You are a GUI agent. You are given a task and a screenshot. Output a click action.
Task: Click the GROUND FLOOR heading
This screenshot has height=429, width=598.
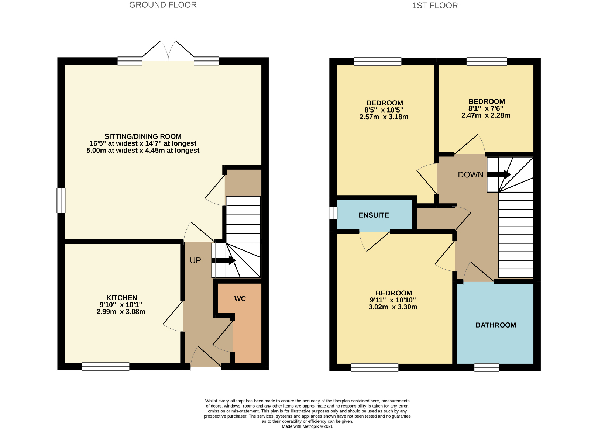[163, 5]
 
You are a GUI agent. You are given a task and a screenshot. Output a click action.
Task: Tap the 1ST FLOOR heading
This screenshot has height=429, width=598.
[435, 6]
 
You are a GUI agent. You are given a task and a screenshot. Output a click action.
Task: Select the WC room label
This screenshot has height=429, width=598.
[240, 299]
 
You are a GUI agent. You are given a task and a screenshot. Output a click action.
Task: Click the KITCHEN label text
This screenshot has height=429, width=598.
[122, 298]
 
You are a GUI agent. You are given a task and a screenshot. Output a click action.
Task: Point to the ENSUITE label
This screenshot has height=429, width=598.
[374, 215]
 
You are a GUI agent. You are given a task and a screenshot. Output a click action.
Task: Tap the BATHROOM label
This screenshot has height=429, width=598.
[496, 325]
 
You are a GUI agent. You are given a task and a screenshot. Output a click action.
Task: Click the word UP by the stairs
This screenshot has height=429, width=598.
[195, 260]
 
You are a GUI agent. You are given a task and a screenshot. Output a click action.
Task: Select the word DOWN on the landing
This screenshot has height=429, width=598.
[471, 175]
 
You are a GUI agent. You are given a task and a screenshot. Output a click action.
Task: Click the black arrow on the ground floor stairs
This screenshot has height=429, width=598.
[224, 260]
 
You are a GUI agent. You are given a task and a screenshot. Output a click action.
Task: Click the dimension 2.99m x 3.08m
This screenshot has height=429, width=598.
[121, 312]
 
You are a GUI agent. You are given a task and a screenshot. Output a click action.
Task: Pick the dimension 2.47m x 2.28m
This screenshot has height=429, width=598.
[486, 115]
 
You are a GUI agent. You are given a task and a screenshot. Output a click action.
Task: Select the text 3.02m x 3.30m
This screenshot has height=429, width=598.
[393, 307]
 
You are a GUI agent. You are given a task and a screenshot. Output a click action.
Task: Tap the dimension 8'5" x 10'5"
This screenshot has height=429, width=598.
[384, 110]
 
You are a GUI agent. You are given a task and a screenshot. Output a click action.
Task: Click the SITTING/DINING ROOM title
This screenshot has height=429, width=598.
[143, 136]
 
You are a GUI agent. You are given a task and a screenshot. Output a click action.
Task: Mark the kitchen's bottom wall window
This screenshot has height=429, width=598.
[106, 367]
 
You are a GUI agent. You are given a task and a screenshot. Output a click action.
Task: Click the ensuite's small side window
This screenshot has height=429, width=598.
[333, 213]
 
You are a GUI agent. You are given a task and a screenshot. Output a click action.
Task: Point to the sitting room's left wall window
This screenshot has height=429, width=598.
[61, 201]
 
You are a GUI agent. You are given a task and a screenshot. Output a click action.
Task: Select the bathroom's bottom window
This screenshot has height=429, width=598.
[487, 367]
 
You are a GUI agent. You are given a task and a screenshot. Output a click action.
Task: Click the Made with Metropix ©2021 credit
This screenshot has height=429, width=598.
[307, 426]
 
